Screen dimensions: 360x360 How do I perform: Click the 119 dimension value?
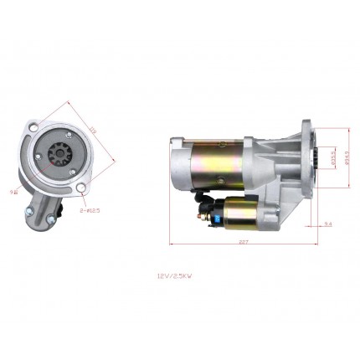pyautogui.click(x=93, y=131)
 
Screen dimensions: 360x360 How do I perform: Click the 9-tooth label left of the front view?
pyautogui.click(x=13, y=192)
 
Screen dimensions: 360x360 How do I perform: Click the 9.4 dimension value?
pyautogui.click(x=327, y=224)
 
